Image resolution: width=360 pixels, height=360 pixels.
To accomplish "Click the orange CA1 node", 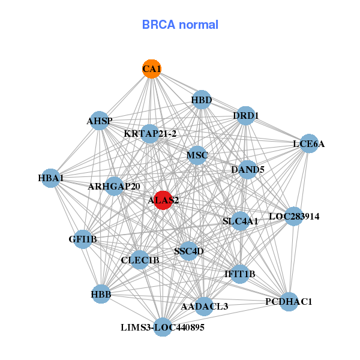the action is click(x=152, y=69).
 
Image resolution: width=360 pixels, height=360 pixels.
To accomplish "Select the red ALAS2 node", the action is click(x=163, y=200).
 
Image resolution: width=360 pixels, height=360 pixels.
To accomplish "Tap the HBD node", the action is click(x=202, y=100).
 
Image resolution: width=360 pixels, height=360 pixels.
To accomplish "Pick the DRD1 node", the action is click(x=245, y=115).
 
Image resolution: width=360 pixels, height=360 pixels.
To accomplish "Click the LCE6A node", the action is click(x=308, y=143).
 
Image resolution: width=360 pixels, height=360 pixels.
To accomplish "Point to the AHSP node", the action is click(x=100, y=121).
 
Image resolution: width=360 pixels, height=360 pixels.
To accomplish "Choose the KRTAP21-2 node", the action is click(x=150, y=133).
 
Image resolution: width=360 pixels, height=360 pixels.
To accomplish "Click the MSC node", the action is click(x=197, y=156).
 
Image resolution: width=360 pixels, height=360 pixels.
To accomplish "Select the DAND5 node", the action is click(x=248, y=170).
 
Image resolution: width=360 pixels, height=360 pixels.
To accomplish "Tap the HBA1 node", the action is click(x=51, y=178).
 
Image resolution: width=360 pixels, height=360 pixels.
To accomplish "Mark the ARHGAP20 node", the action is click(x=114, y=187).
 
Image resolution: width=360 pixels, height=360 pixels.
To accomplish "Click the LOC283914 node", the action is click(x=293, y=215).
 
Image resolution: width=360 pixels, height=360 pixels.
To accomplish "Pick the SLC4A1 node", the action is click(x=240, y=221).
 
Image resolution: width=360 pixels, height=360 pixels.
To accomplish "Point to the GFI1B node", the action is click(x=83, y=239).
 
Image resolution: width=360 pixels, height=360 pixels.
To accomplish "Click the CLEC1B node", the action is click(x=140, y=260).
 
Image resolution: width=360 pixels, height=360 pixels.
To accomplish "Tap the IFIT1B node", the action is click(x=239, y=274).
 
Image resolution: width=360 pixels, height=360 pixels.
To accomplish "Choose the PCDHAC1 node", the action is click(x=289, y=301).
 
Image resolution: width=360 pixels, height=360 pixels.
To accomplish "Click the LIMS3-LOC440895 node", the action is click(x=163, y=327).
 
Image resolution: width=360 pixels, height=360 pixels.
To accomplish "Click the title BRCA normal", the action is click(x=180, y=25).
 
